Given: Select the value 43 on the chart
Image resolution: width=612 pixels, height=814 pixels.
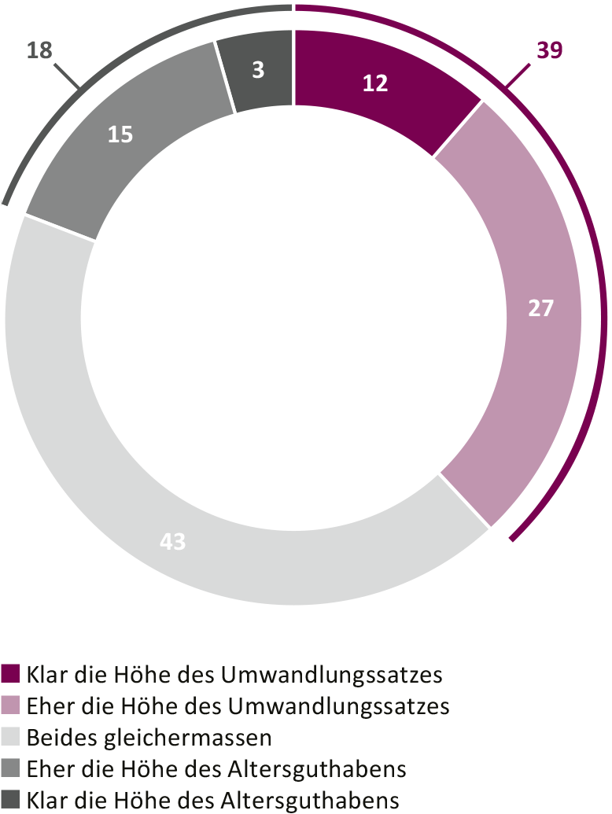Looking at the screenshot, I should tap(172, 542).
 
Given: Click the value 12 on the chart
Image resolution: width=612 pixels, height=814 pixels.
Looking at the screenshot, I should tap(375, 83).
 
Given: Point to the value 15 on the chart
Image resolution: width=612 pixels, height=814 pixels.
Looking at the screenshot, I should tap(120, 134).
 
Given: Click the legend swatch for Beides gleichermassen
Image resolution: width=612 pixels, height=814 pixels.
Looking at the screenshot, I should tap(12, 738).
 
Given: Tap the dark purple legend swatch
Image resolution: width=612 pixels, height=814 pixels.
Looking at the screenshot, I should tap(12, 674).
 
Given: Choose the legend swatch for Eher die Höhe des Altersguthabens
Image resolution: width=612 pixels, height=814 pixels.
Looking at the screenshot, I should tap(12, 769).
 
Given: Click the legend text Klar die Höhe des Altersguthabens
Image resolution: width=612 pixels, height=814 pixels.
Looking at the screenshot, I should tap(212, 801).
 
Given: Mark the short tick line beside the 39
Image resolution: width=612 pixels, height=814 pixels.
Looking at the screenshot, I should tap(518, 76).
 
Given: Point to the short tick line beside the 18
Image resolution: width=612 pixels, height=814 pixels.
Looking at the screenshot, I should tap(67, 75).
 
